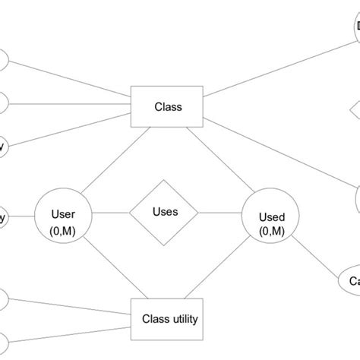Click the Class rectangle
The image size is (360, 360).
[x=167, y=107]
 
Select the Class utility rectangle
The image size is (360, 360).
[x=169, y=319]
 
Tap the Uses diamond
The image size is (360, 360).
[x=165, y=212]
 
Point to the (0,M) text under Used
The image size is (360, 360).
[x=272, y=232]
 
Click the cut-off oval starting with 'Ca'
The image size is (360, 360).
[x=349, y=282]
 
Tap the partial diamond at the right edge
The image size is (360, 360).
[x=355, y=111]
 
